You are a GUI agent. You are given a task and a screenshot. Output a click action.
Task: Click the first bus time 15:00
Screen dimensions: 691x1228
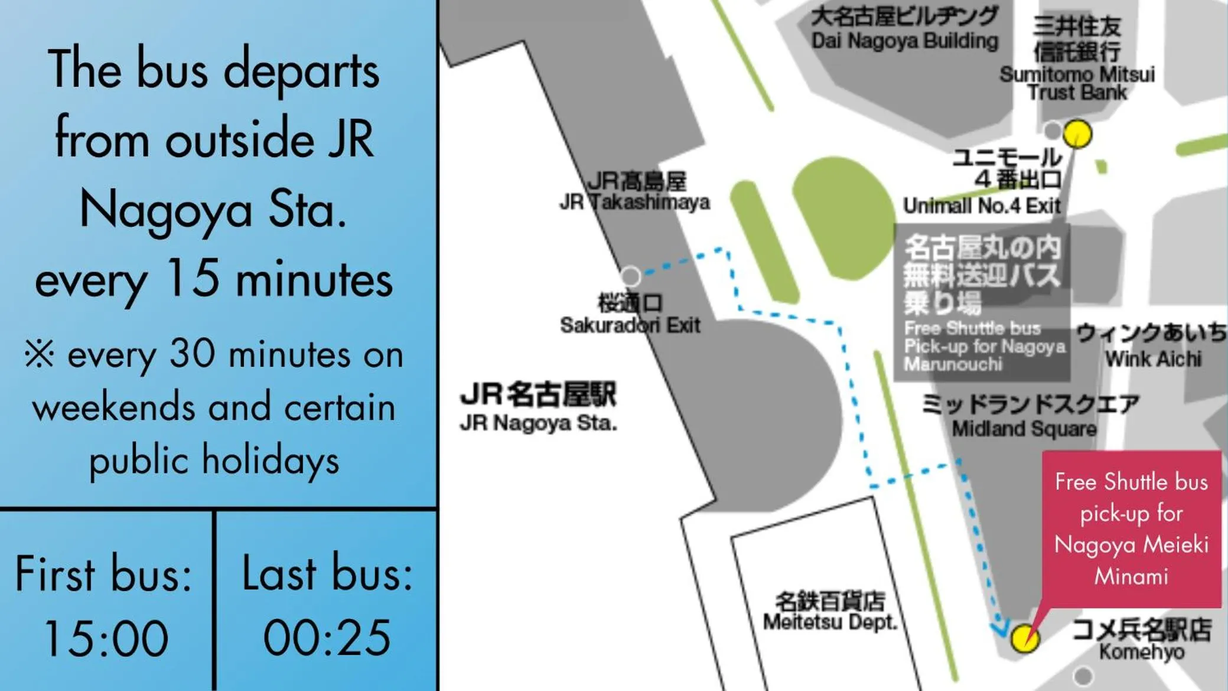[x=106, y=638]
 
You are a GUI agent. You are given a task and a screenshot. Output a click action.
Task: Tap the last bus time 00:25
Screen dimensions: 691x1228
[x=327, y=638]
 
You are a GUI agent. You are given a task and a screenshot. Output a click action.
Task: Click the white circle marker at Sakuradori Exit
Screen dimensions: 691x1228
[x=630, y=276]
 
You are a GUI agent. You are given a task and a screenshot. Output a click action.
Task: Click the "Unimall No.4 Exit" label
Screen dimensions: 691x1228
[x=982, y=206]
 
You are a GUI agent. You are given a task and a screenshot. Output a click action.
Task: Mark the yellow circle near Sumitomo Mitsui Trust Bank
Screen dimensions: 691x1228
[x=1077, y=134]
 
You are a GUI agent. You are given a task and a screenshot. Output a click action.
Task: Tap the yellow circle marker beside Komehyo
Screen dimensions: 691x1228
[x=1024, y=638]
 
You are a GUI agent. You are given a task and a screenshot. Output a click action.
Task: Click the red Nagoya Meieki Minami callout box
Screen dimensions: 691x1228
[x=1131, y=529]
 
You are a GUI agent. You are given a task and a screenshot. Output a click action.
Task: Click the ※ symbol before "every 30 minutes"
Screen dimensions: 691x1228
[x=40, y=354]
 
